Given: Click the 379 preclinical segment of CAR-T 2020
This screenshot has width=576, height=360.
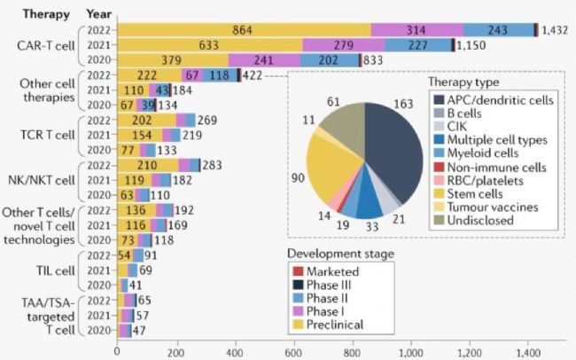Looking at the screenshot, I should (172, 59).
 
